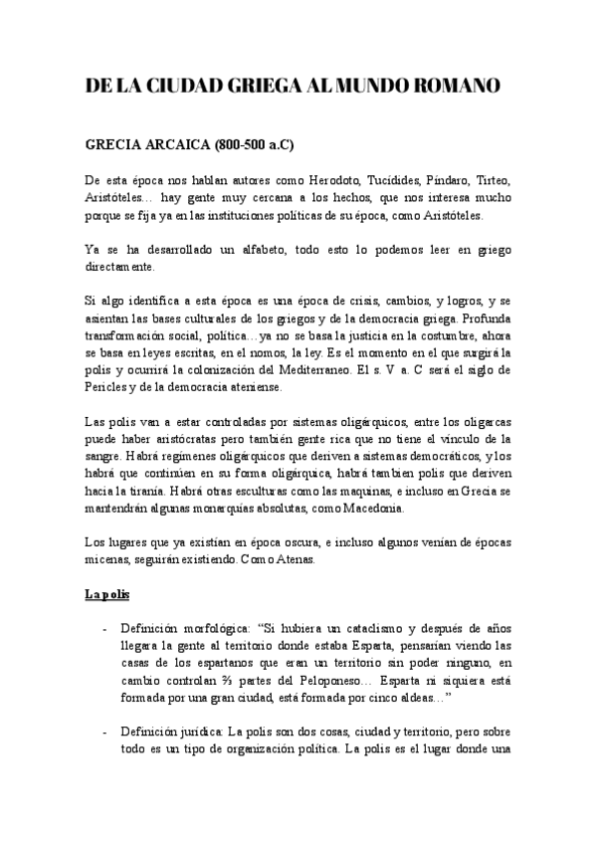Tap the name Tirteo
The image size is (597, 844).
(x=490, y=179)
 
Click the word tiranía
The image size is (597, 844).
(x=145, y=492)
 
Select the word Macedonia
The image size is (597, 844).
(x=371, y=509)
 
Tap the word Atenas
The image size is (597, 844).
(x=293, y=559)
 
